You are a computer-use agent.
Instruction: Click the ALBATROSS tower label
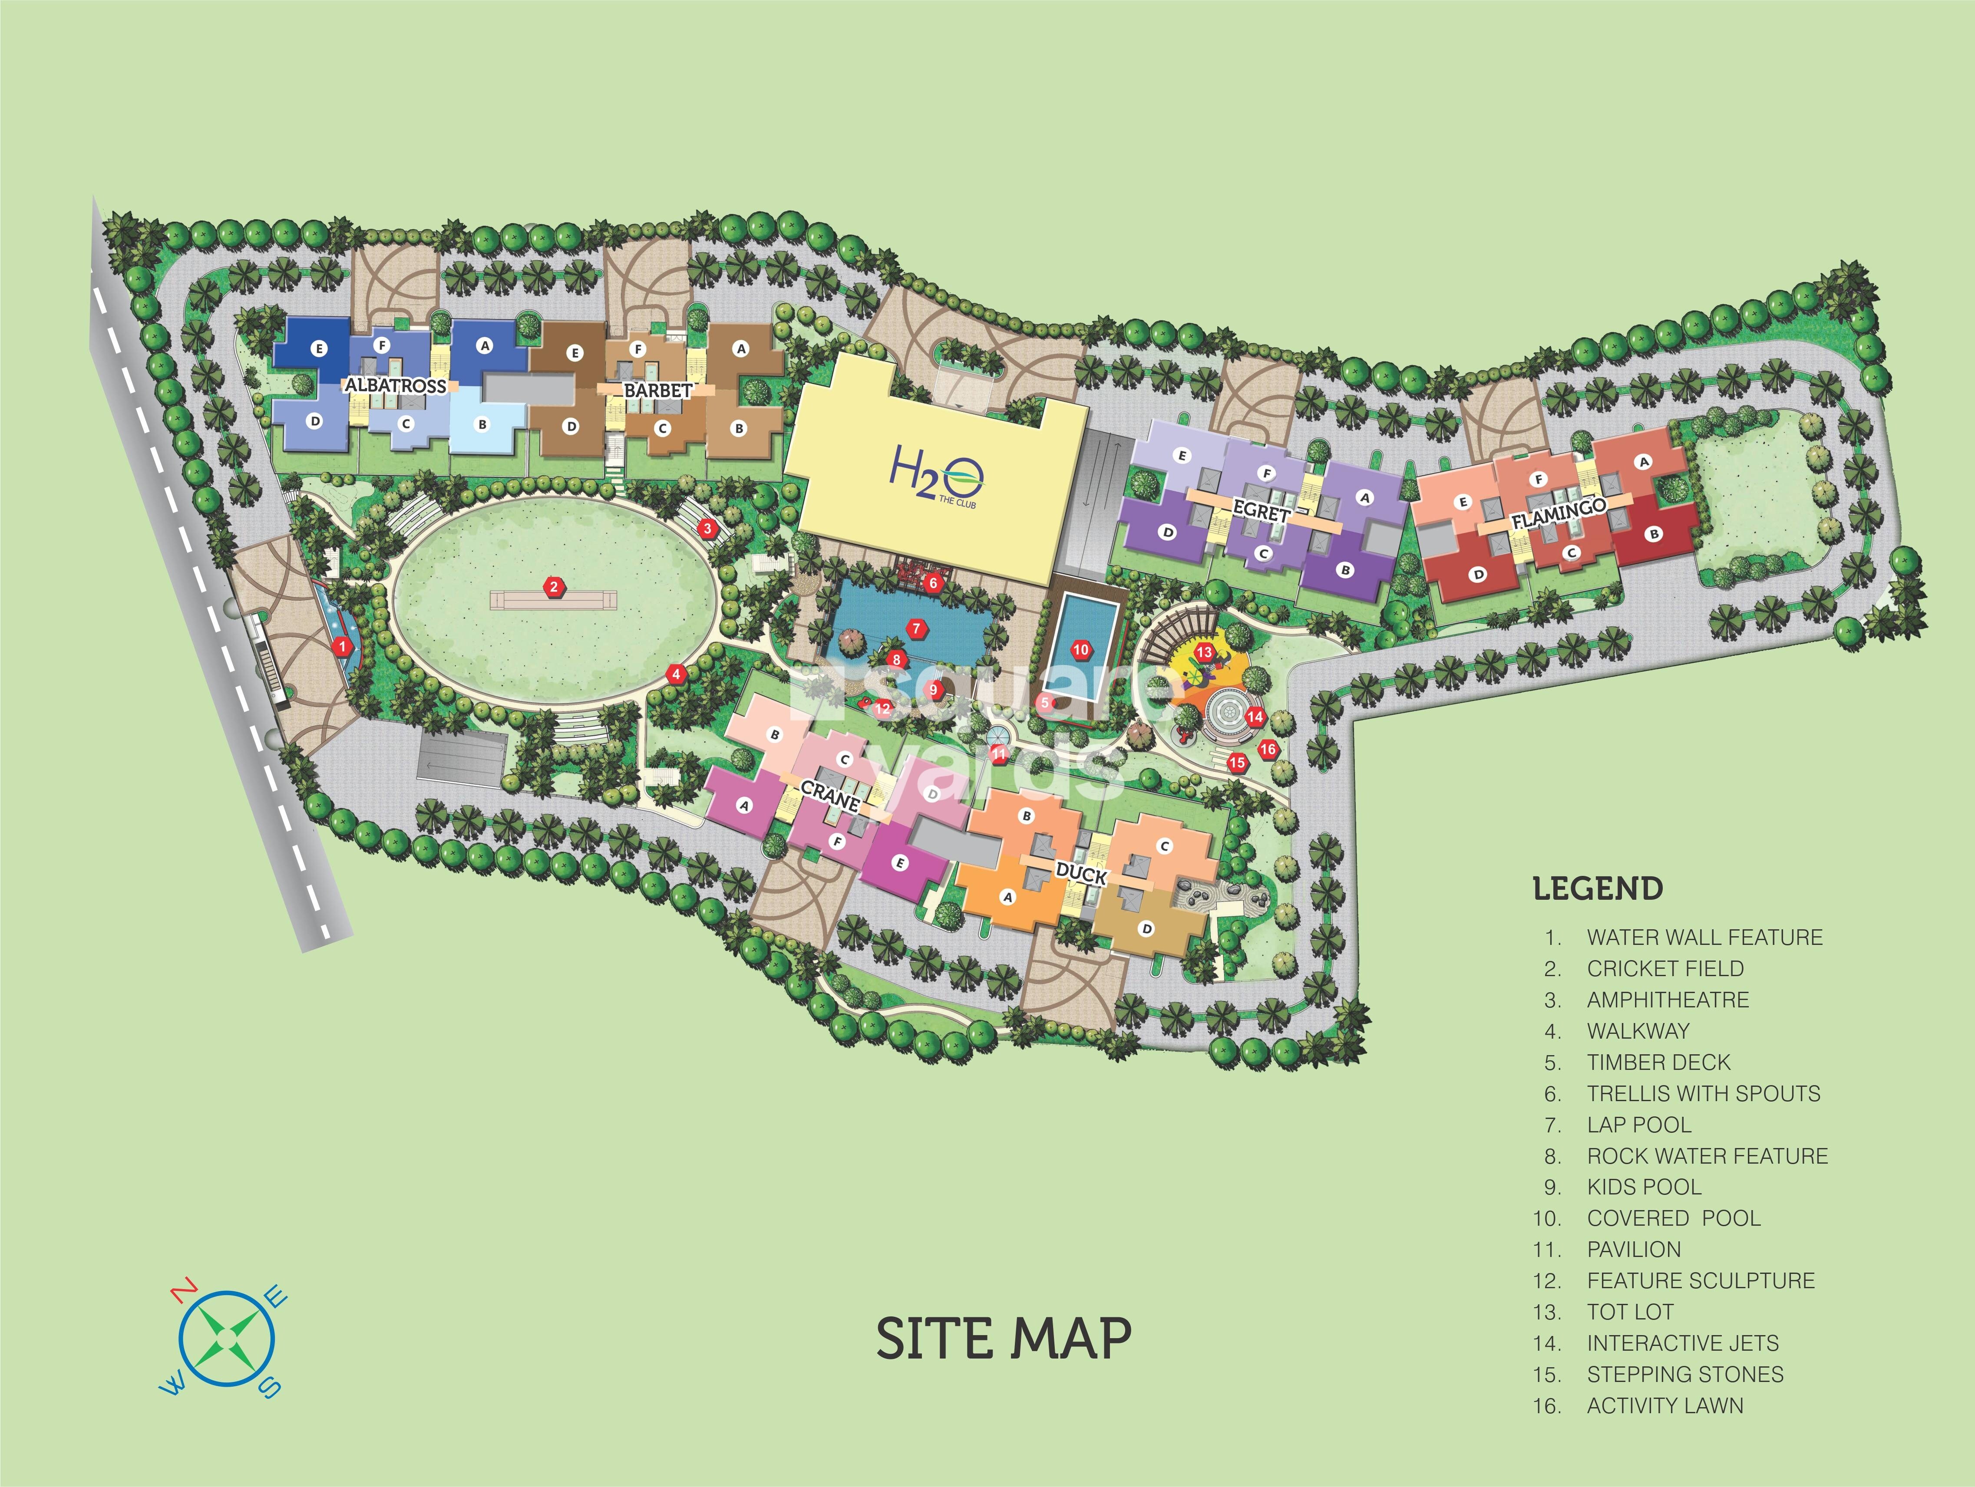pos(396,385)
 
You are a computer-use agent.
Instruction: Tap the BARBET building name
pos(657,391)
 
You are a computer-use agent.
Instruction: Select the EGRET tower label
pos(1261,510)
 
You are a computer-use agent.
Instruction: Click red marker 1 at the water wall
pos(341,646)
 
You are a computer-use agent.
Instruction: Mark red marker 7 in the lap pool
pos(916,628)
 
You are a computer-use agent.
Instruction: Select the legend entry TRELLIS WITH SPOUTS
pos(1703,1093)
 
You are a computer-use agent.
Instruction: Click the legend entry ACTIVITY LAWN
pos(1664,1406)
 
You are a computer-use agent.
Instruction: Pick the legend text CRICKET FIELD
pos(1664,968)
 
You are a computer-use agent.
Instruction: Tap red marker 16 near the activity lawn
pos(1268,750)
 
